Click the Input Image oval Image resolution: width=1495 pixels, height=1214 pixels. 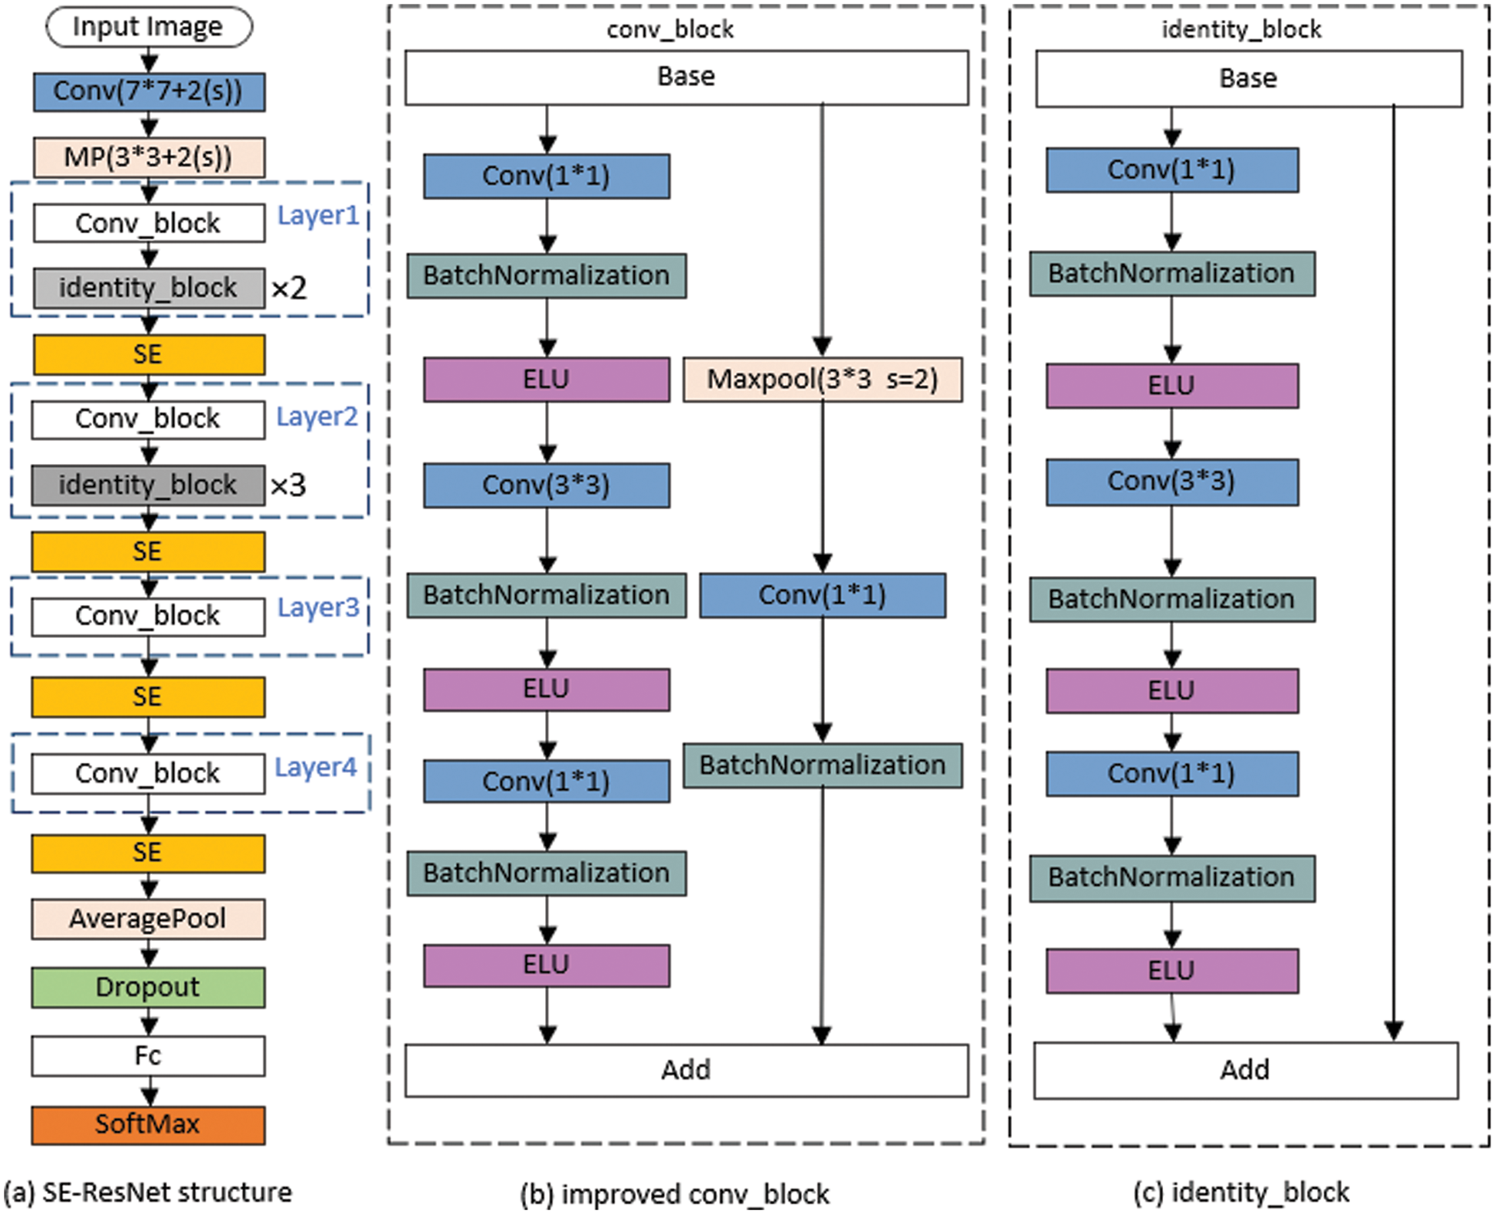[149, 27]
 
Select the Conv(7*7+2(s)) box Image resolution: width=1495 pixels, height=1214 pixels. [149, 92]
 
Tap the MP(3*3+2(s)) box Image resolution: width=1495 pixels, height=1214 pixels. [149, 157]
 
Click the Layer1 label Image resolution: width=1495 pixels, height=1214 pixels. [318, 215]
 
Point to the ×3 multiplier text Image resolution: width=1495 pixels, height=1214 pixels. [288, 485]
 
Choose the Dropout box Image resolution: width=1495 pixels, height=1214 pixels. [148, 987]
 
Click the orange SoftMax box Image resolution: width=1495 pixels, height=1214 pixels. [148, 1124]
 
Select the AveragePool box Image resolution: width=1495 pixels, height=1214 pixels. [148, 919]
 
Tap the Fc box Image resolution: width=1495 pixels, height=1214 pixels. [148, 1056]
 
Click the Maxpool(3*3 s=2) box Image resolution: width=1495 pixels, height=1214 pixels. [823, 380]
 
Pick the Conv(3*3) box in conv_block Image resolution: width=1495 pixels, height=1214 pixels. [547, 485]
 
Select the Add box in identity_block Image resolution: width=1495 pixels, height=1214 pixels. [1246, 1070]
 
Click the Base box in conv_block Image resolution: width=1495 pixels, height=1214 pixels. [686, 77]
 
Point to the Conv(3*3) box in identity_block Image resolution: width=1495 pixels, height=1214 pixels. [1172, 482]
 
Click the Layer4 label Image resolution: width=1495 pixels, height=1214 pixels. [316, 767]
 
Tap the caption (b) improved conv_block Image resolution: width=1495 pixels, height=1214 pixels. [675, 1194]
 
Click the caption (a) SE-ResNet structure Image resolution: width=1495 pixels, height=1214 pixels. [148, 1193]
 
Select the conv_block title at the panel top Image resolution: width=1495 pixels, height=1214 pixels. [670, 30]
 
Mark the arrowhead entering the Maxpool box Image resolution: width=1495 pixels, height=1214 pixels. [823, 347]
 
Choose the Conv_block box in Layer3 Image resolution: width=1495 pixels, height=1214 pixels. [148, 617]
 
